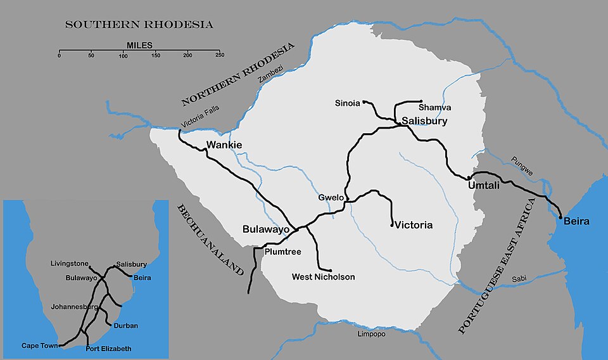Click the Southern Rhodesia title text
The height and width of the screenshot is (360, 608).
pos(139,25)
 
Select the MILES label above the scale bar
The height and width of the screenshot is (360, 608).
pos(139,45)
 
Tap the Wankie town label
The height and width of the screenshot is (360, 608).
pos(224,145)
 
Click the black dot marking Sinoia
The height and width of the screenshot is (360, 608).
pos(365,101)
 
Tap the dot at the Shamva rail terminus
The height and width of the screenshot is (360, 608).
pos(421,101)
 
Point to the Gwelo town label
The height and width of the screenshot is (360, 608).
pos(331,198)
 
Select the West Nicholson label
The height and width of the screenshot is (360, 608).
pos(323,277)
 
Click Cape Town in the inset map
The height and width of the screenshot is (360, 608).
pos(40,345)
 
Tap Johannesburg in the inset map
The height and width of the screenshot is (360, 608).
pos(75,307)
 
